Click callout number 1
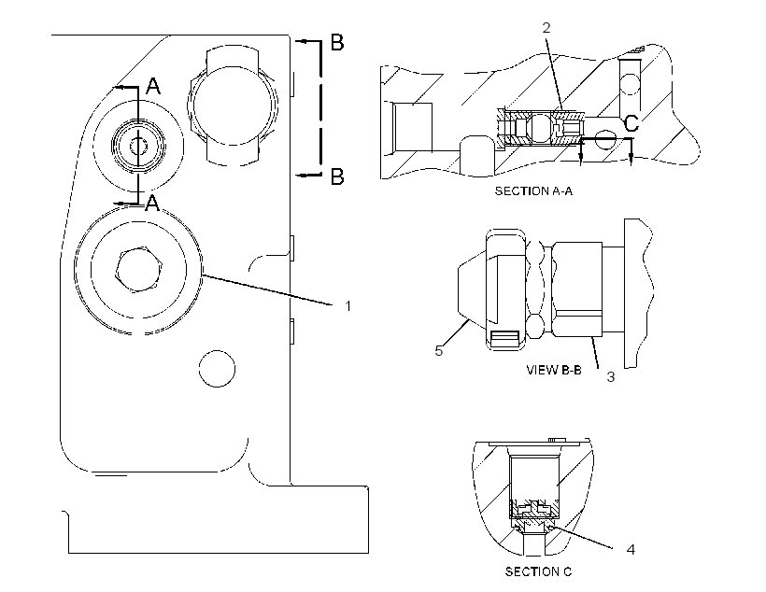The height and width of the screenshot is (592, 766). [x=348, y=306]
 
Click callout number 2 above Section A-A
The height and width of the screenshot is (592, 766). [x=546, y=27]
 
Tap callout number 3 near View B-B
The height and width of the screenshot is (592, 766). [x=610, y=377]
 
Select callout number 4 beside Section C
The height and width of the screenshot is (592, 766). [x=631, y=549]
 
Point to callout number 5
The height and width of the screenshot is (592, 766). [x=439, y=351]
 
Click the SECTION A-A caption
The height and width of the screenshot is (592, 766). [x=533, y=191]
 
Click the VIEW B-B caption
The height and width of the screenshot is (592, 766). [x=554, y=370]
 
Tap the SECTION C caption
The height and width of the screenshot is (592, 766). [x=538, y=571]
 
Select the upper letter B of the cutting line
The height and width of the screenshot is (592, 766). [x=337, y=43]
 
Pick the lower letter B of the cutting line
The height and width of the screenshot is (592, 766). [x=337, y=176]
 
